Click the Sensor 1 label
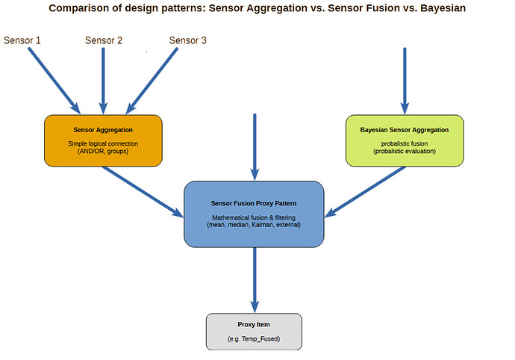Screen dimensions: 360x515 click(x=22, y=40)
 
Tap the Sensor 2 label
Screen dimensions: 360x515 click(x=104, y=40)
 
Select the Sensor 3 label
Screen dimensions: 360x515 click(x=187, y=40)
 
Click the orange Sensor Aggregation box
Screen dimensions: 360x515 click(x=103, y=140)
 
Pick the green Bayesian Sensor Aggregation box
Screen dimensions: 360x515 click(x=405, y=140)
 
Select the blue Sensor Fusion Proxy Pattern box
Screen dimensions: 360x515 click(x=255, y=213)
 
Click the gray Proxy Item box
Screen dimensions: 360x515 click(x=254, y=332)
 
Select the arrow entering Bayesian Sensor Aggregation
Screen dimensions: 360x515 click(x=405, y=78)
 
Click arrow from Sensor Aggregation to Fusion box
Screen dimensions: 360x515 click(x=142, y=190)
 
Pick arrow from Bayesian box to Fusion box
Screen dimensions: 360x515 click(x=366, y=190)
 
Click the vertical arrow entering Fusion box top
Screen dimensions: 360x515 click(x=255, y=146)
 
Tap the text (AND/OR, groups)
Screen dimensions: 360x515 click(x=103, y=151)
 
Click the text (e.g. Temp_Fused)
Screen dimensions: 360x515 click(x=254, y=339)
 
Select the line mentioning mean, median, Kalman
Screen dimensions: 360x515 click(x=254, y=224)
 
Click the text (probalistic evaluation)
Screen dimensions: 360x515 click(x=405, y=152)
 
